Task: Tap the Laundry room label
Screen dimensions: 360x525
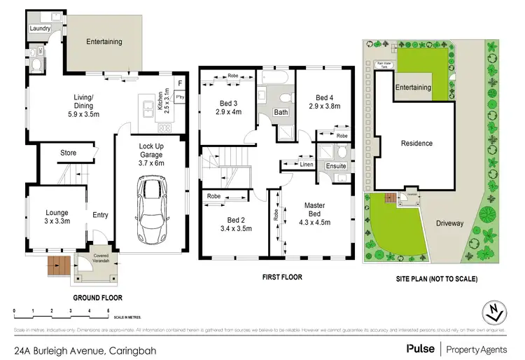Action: point(41,29)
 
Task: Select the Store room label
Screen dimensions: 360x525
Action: point(68,152)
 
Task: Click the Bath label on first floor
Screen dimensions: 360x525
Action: point(280,112)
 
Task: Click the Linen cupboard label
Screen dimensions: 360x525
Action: point(307,165)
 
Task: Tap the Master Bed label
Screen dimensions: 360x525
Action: point(314,209)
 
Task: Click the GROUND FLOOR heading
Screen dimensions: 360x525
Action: point(97,297)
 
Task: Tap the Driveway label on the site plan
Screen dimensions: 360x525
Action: point(450,223)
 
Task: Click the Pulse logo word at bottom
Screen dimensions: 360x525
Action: point(419,348)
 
